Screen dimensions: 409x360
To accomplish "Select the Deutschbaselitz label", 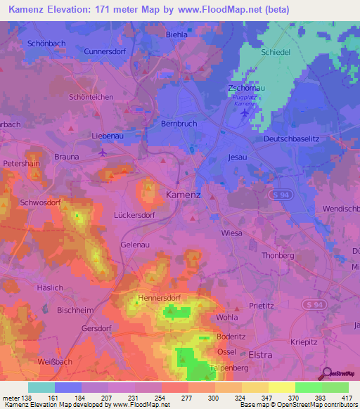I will pos(291,139).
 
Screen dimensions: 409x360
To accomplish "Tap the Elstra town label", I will pos(260,355).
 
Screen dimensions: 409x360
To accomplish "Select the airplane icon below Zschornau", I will pos(244,112).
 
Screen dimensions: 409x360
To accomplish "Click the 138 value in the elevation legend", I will pos(27,398).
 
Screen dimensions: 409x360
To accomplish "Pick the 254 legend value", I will pos(161,398).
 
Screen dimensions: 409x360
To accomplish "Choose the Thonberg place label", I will pos(278,256).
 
